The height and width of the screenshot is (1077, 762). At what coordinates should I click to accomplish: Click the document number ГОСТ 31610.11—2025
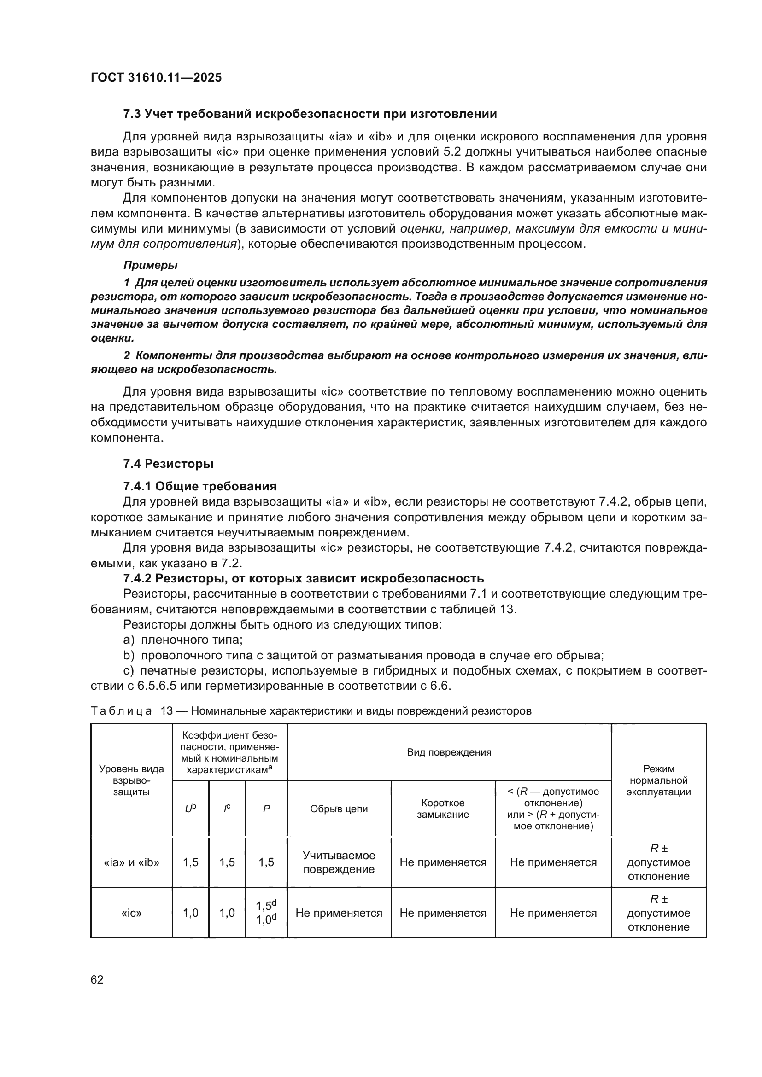[156, 78]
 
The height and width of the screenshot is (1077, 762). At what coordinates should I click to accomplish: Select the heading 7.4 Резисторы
[168, 464]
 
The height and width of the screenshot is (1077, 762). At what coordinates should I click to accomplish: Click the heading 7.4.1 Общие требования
[199, 486]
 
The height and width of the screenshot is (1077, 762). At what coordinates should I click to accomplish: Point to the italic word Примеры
[150, 265]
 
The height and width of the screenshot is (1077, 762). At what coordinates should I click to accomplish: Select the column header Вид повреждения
[449, 752]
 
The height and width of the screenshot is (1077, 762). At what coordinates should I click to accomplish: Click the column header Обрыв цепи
[339, 809]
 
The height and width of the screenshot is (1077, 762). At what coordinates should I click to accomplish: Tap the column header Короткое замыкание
[443, 809]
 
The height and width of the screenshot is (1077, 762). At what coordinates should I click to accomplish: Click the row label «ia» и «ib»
[131, 862]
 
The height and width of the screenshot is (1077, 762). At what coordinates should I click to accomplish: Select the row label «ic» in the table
[131, 913]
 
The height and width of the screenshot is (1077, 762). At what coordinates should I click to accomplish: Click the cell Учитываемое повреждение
[339, 862]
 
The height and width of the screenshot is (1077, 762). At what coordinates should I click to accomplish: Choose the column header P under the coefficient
[266, 809]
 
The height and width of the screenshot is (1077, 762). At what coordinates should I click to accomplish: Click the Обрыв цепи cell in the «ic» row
[339, 913]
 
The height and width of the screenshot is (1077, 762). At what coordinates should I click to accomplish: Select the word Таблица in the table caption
[121, 711]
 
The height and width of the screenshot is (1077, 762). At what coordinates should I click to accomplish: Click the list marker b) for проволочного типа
[129, 655]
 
